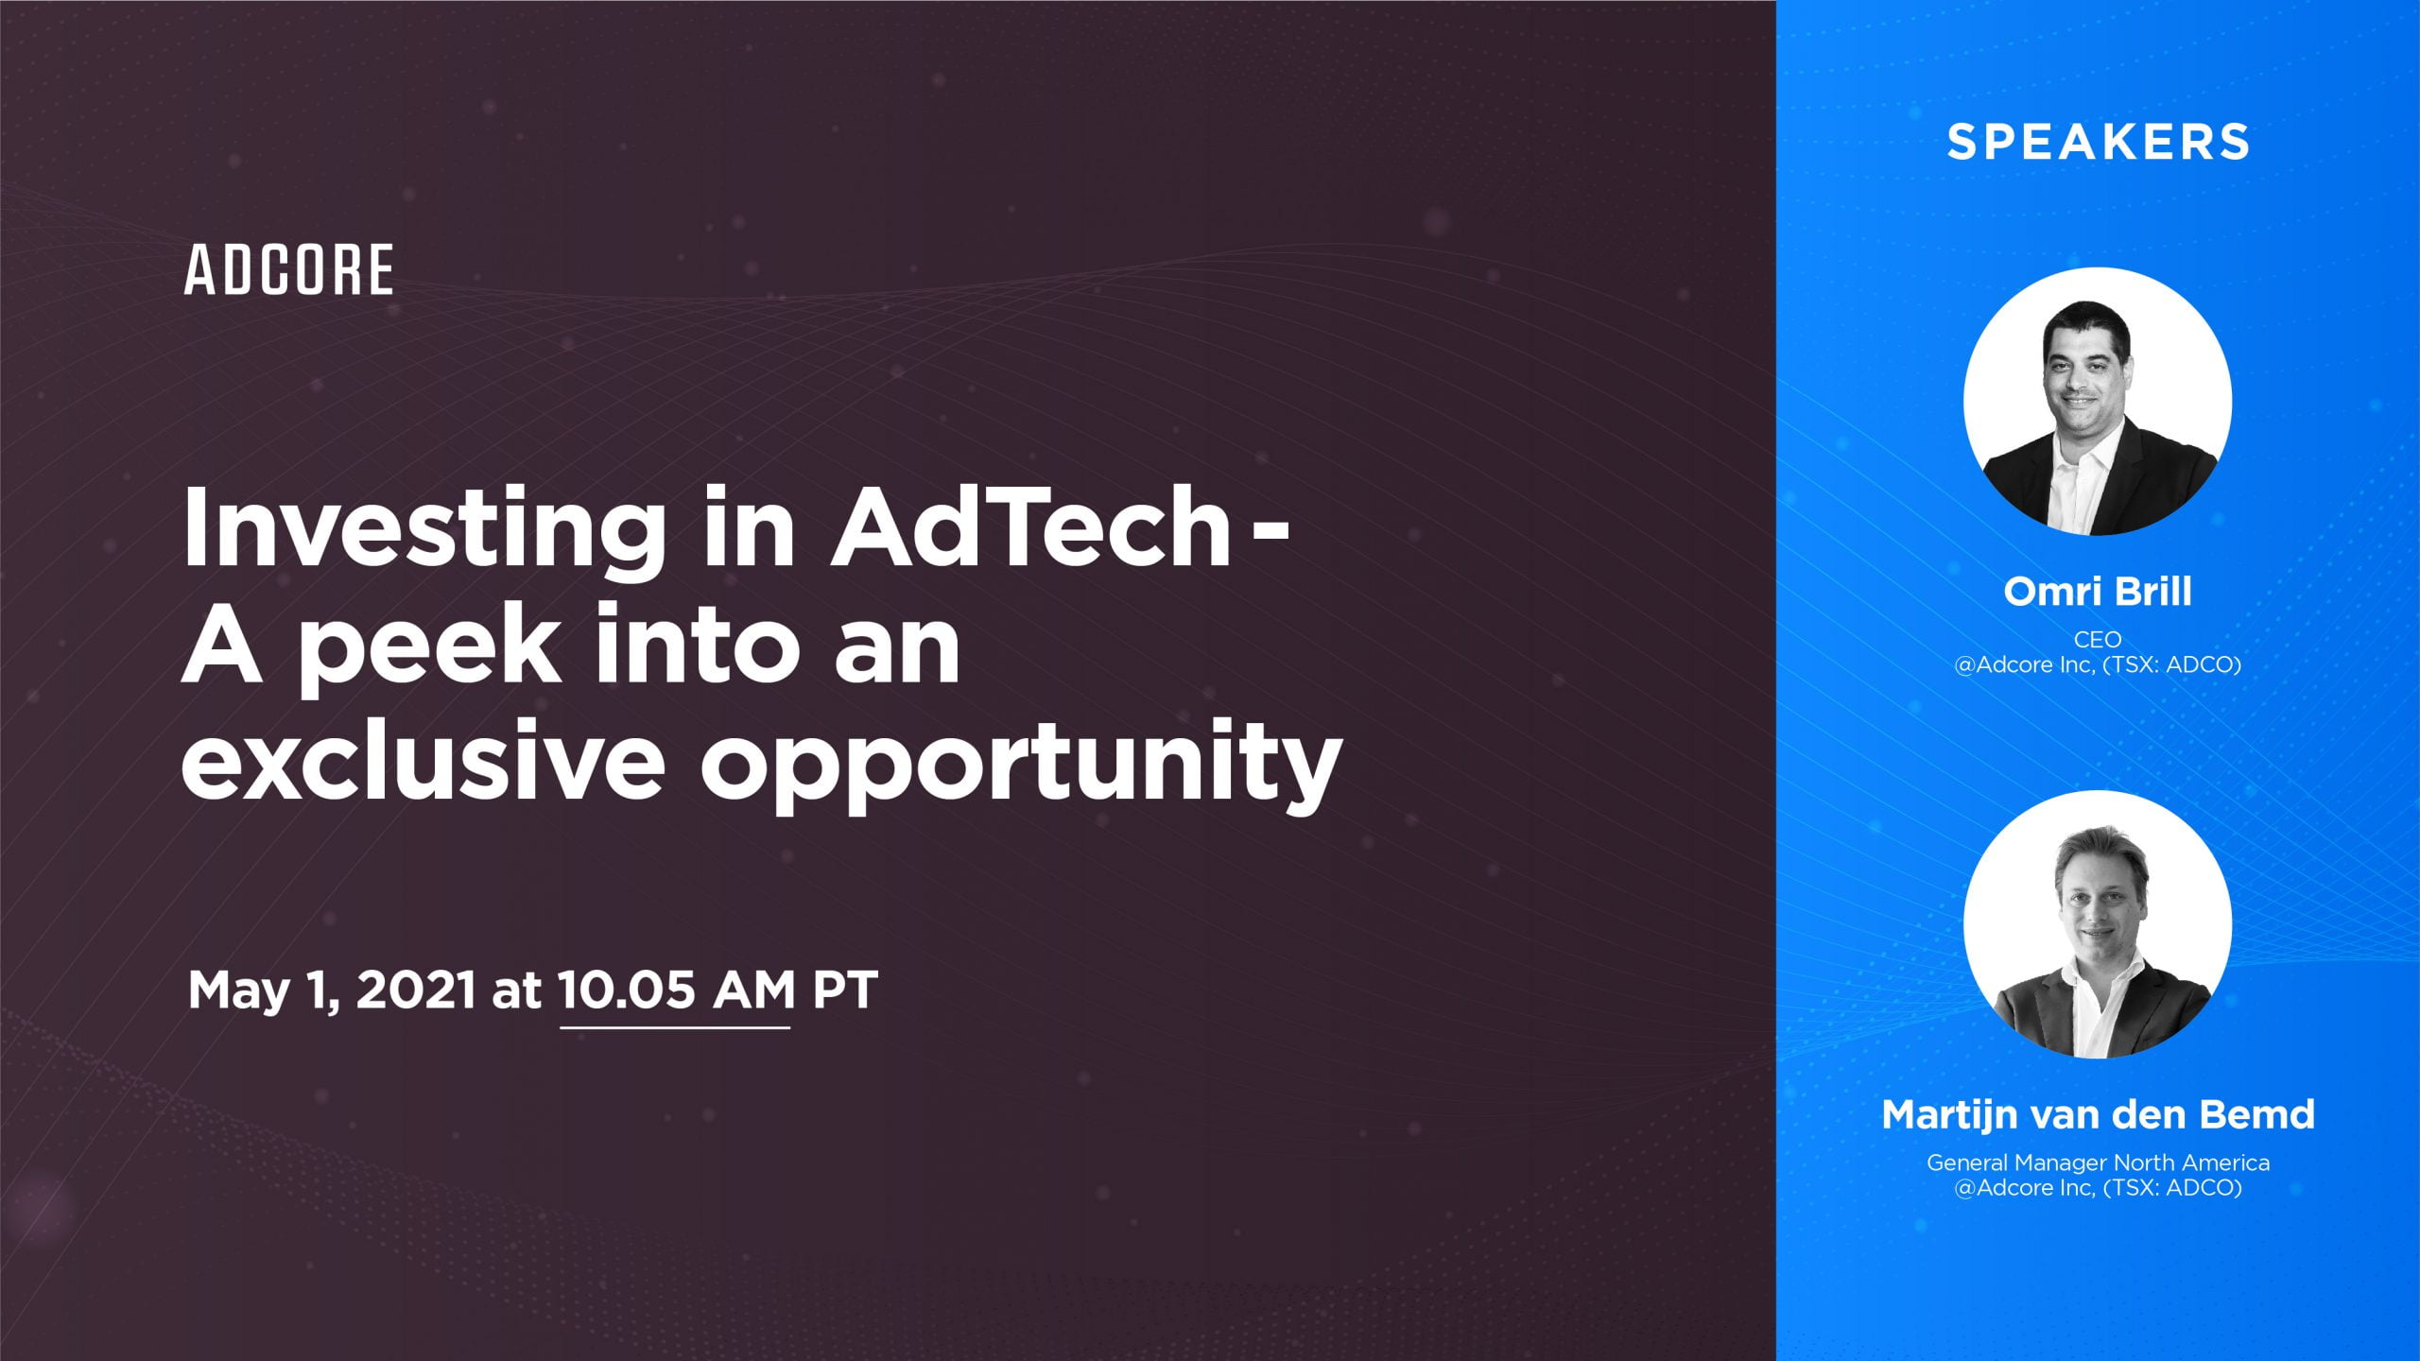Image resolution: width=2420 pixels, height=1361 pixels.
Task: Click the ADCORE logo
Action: point(289,270)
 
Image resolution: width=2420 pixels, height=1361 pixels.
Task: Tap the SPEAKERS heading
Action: point(2098,143)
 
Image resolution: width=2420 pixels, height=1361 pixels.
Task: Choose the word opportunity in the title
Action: point(1021,766)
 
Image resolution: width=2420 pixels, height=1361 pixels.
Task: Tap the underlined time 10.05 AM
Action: point(676,991)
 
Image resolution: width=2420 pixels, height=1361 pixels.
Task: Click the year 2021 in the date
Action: point(416,991)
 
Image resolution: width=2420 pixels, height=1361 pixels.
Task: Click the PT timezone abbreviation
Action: point(845,991)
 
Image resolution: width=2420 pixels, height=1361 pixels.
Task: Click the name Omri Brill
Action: point(2098,592)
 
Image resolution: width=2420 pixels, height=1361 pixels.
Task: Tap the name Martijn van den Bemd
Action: point(2098,1114)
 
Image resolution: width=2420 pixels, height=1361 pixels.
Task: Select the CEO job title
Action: point(2098,640)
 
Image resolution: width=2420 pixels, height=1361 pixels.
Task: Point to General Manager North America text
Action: point(2098,1163)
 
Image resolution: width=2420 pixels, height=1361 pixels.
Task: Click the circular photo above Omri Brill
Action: point(2098,402)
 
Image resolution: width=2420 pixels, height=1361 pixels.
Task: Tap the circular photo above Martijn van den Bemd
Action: point(2098,924)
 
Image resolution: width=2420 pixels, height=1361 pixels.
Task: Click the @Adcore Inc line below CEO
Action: point(2098,664)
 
